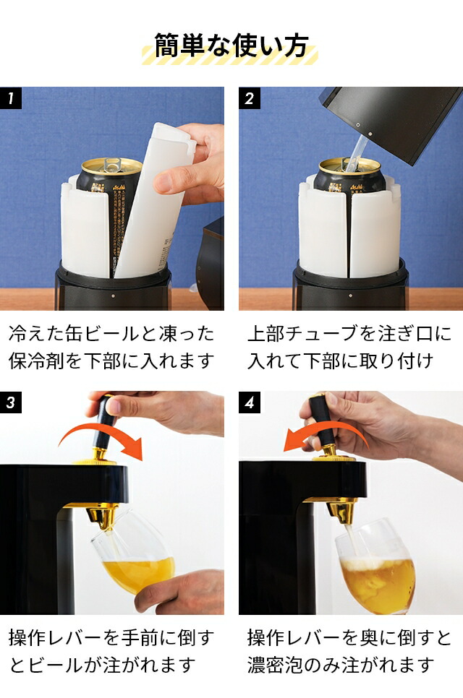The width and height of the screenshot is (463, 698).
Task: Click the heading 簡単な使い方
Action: click(231, 45)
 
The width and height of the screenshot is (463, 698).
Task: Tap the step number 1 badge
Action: click(11, 98)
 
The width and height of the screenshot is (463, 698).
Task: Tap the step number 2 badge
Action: click(250, 98)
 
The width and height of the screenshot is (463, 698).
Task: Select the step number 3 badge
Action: click(11, 402)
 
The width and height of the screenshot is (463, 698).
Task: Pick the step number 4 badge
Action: click(250, 402)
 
